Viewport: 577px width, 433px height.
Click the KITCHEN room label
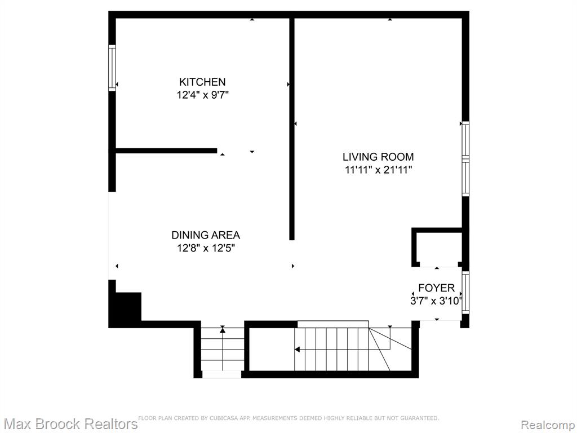click(x=202, y=82)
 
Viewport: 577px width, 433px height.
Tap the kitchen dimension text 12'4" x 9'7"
click(x=203, y=95)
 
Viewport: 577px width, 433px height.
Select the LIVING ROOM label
click(x=378, y=157)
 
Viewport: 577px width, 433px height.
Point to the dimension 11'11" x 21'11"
click(x=378, y=170)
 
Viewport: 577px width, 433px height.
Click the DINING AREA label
click(x=206, y=235)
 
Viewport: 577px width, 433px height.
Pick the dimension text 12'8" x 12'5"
click(x=206, y=248)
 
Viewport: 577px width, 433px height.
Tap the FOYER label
click(x=437, y=288)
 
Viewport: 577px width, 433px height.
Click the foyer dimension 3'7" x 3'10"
click(x=436, y=301)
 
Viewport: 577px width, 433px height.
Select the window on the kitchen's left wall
click(x=112, y=68)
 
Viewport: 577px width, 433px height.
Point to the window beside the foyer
click(x=465, y=293)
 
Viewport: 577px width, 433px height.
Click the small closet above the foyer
click(x=437, y=247)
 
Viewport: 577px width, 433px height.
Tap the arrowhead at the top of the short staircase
click(x=223, y=330)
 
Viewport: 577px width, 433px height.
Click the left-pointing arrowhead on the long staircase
click(x=298, y=350)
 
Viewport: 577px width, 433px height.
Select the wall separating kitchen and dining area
click(x=166, y=151)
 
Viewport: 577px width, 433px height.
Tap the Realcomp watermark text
click(x=548, y=425)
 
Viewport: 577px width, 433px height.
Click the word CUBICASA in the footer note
click(x=224, y=418)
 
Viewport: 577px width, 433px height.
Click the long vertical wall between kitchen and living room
click(x=292, y=129)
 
